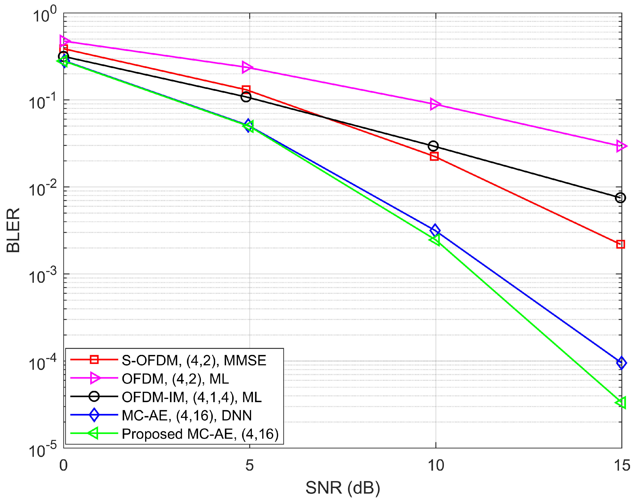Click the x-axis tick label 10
pos(436,466)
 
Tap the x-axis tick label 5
pos(249,466)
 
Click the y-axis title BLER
pos(13,230)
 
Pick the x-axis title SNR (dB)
pos(343,488)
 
